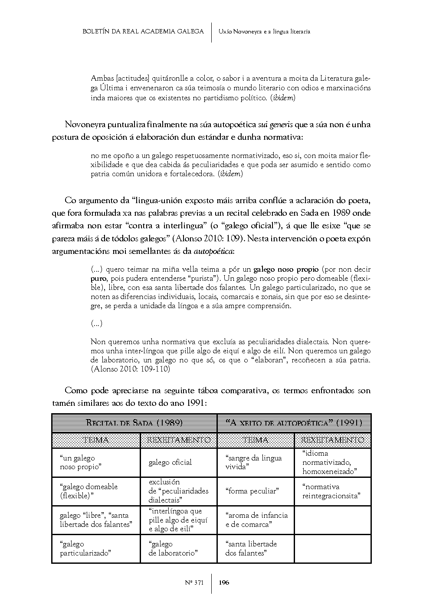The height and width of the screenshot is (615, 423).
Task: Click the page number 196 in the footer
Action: point(224,582)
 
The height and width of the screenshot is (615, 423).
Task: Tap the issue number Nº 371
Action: point(193,582)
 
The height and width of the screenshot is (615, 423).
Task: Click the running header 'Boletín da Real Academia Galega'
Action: point(143,31)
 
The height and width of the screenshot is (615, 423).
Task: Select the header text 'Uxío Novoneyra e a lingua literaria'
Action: point(264,31)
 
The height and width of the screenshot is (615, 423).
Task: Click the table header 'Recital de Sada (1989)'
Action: point(134,423)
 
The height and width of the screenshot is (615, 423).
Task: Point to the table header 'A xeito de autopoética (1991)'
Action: point(294,423)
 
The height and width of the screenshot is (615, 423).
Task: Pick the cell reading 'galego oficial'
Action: point(170,463)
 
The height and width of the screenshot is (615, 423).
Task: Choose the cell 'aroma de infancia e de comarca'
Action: point(256,520)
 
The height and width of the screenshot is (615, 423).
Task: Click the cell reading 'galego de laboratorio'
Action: point(173,549)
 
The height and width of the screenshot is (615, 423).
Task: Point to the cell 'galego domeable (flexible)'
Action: point(89,491)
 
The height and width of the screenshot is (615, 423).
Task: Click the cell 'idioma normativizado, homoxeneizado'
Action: point(329,463)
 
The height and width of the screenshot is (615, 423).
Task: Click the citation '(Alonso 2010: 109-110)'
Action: point(130,369)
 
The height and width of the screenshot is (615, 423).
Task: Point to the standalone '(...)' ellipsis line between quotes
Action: point(96,324)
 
